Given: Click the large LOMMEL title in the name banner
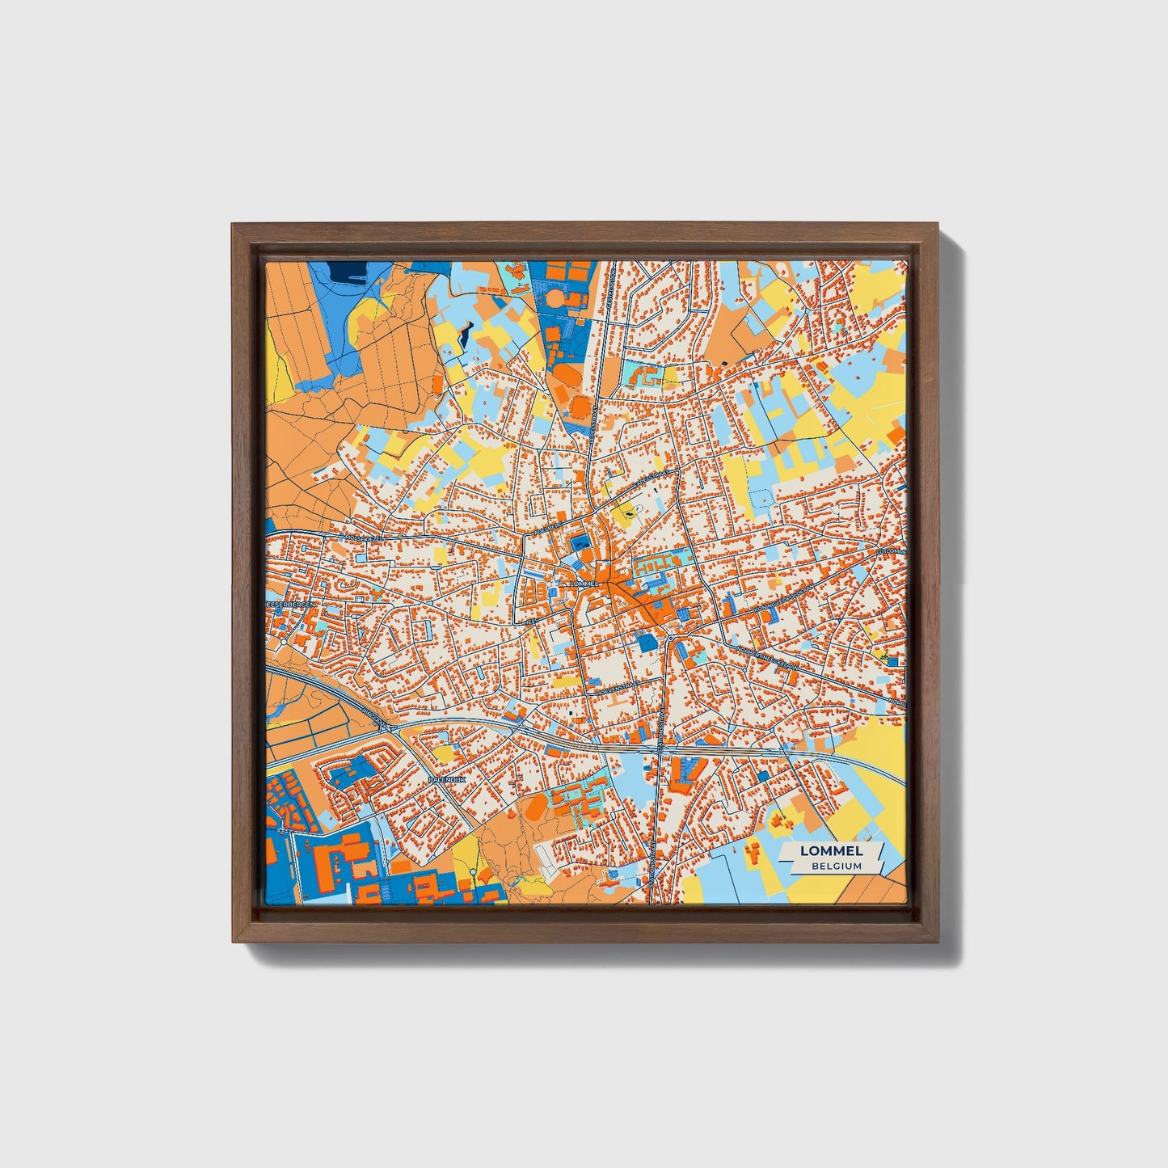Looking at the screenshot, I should tap(831, 851).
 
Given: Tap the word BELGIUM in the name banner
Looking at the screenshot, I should tap(837, 866).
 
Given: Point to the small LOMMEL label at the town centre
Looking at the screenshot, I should tap(584, 583).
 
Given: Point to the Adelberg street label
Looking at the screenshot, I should tap(547, 529).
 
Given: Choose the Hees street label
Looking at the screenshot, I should tap(531, 623).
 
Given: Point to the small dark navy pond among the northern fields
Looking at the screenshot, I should tap(466, 334).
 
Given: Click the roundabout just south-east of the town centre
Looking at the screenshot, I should tap(670, 640).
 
